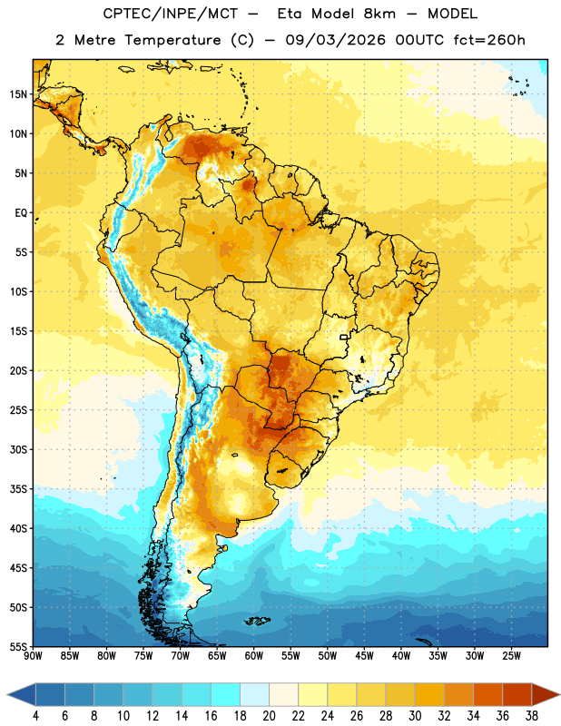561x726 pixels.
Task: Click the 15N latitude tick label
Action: pos(18,94)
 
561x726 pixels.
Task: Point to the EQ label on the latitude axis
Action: pos(21,213)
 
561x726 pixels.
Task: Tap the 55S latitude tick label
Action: pos(18,646)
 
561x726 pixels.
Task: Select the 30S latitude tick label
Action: pos(18,449)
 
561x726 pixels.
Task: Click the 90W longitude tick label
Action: pos(34,656)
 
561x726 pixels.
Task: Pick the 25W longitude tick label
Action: pos(511,656)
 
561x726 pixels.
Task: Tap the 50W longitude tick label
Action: pos(328,656)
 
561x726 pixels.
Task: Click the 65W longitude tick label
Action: pos(217,656)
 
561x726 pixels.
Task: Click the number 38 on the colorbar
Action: pos(532,716)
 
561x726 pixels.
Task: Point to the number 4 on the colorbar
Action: pos(35,716)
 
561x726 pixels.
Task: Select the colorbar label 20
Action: pos(269,716)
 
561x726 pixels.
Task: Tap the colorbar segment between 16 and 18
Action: pos(226,695)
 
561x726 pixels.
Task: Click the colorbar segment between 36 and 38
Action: pos(517,695)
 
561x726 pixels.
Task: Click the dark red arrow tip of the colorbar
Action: pos(556,695)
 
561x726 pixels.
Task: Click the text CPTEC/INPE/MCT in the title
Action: pos(170,14)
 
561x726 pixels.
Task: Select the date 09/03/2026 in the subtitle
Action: pos(335,40)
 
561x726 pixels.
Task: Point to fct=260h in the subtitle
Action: pos(489,40)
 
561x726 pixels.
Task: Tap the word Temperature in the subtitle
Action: pos(172,40)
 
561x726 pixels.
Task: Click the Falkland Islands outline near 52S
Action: pos(258,621)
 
